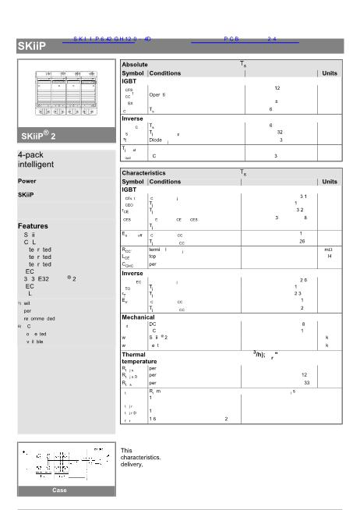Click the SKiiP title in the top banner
pyautogui.click(x=31, y=48)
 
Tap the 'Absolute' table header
pyautogui.click(x=136, y=64)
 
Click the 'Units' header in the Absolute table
pyautogui.click(x=329, y=73)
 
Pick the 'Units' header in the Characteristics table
pyautogui.click(x=329, y=181)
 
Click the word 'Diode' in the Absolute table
pyautogui.click(x=157, y=140)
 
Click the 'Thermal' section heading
pyautogui.click(x=139, y=354)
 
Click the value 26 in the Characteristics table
pyautogui.click(x=302, y=241)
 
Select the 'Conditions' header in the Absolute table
pyautogui.click(x=166, y=73)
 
